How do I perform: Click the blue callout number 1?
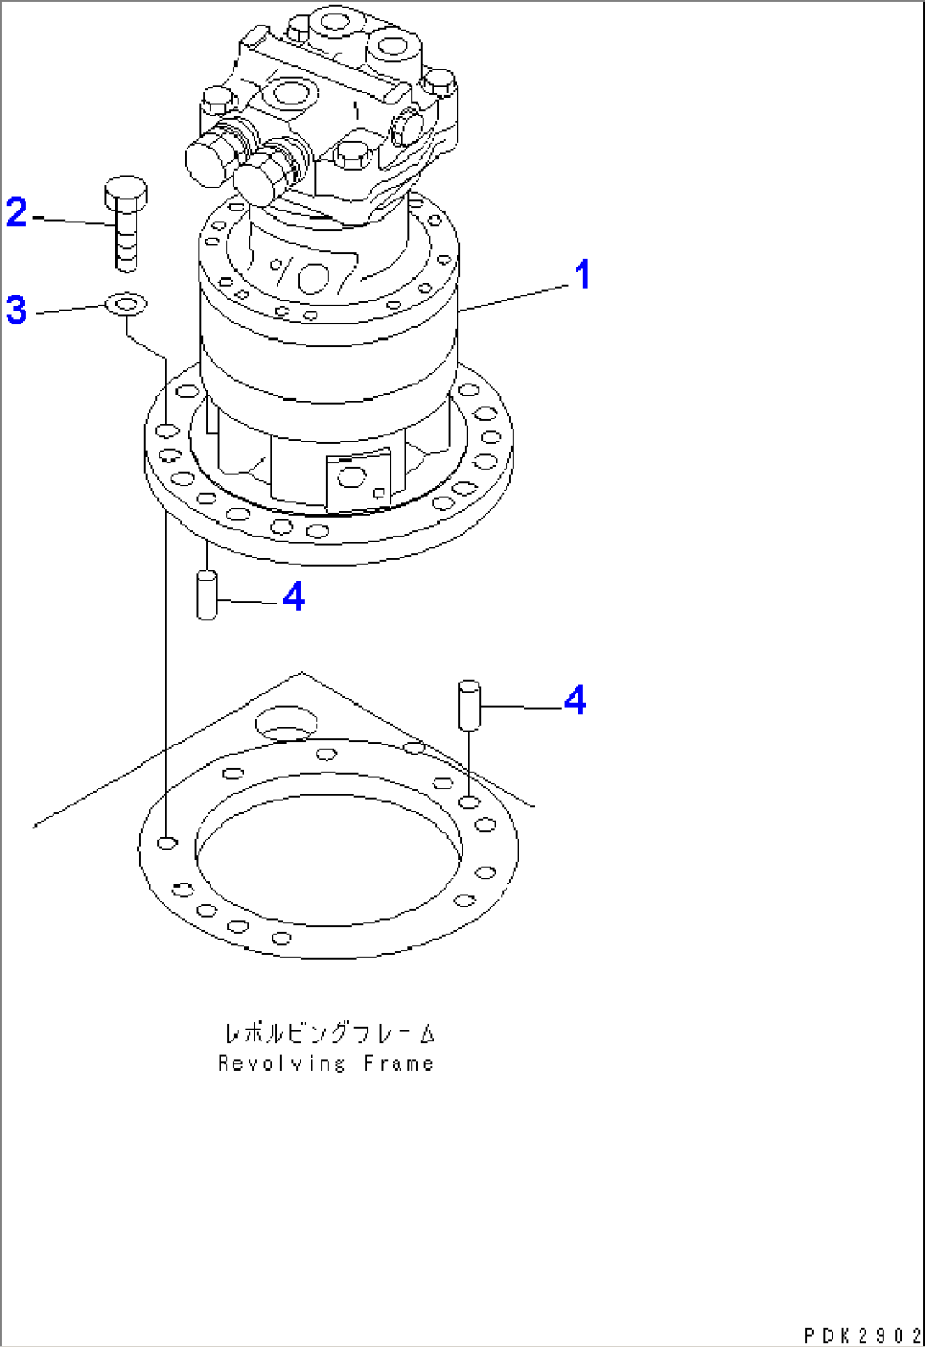(582, 275)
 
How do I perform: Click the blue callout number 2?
(17, 212)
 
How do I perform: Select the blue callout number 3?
(16, 310)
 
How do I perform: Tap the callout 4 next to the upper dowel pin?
(294, 598)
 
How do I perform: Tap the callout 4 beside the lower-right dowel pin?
(575, 700)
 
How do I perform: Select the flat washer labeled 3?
(126, 303)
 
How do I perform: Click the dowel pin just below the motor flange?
(206, 596)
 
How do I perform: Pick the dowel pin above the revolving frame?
(469, 704)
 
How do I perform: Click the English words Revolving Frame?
(326, 1064)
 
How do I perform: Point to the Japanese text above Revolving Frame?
(329, 1033)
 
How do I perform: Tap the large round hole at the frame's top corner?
(286, 723)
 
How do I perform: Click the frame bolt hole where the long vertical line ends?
(169, 842)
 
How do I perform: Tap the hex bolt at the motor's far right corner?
(440, 82)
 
